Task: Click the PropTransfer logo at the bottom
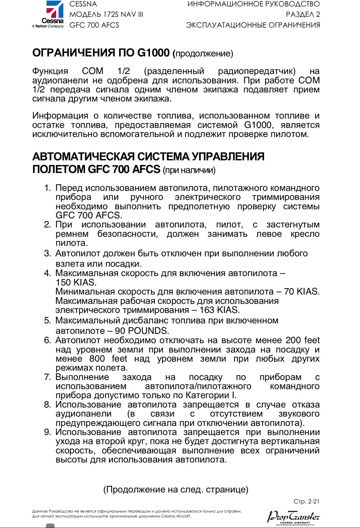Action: [293, 517]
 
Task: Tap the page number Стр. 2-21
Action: [306, 501]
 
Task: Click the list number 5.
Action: [47, 320]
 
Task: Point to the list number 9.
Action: [47, 432]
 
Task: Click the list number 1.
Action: [47, 188]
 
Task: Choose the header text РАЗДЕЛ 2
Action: [302, 15]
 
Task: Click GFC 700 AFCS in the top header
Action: [94, 25]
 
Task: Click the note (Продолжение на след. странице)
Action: [176, 489]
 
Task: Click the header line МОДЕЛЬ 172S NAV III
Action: [106, 15]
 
